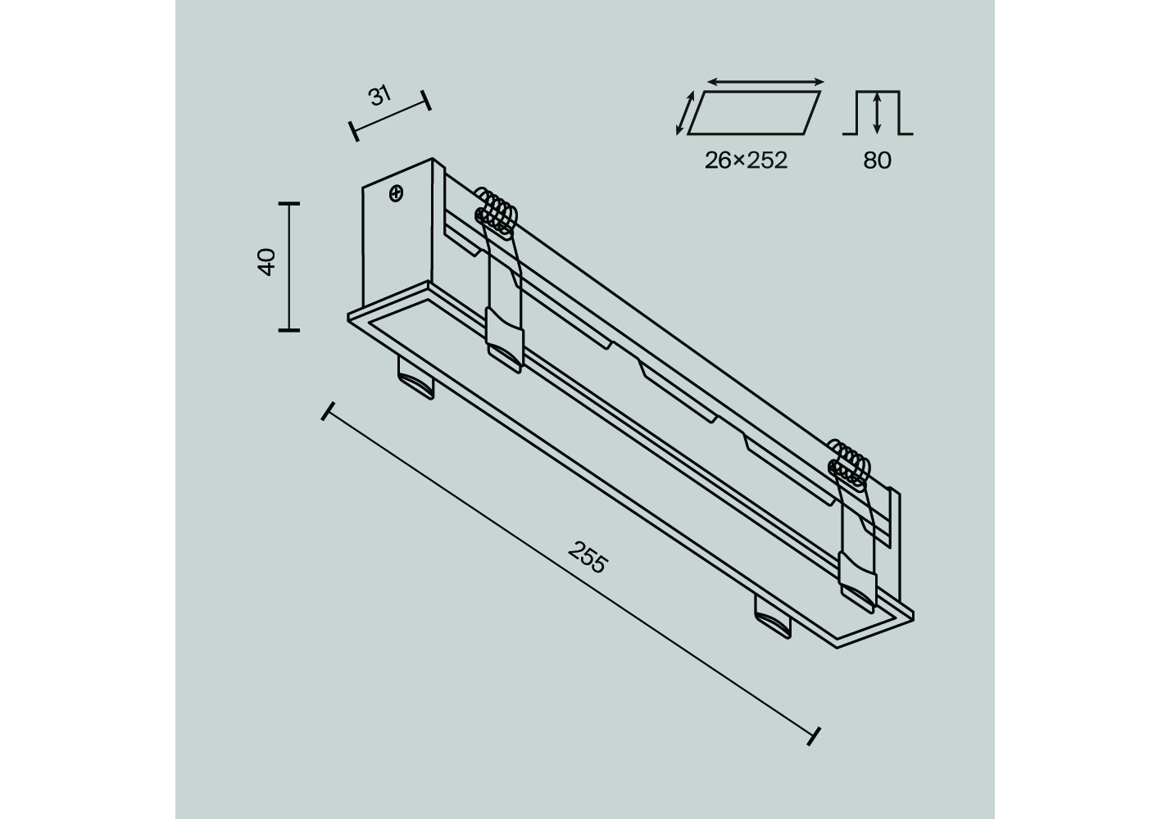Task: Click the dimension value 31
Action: click(x=380, y=96)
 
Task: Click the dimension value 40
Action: click(x=266, y=262)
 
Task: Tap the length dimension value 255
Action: click(x=588, y=557)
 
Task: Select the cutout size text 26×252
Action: click(x=746, y=161)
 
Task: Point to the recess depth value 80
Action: click(x=877, y=161)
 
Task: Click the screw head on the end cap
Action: click(x=397, y=194)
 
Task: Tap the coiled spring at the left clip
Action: click(x=495, y=213)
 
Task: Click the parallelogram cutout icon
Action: click(x=753, y=113)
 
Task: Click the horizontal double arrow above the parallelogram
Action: click(x=765, y=81)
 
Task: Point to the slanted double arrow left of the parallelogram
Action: click(x=685, y=113)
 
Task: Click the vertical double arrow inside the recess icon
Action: click(x=877, y=112)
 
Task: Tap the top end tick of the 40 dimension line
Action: click(x=288, y=204)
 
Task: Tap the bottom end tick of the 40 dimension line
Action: click(x=288, y=330)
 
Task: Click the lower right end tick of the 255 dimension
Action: click(x=814, y=736)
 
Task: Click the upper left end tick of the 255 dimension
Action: click(x=328, y=411)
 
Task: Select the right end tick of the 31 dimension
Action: click(x=426, y=100)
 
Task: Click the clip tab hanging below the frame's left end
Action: click(x=415, y=378)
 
